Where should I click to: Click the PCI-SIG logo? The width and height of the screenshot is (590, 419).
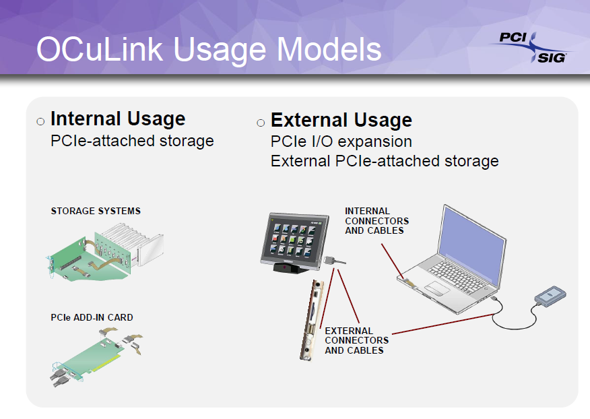pyautogui.click(x=531, y=47)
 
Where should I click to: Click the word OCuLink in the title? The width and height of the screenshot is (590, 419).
pyautogui.click(x=100, y=49)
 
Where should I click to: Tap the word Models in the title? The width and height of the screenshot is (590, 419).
pyautogui.click(x=329, y=49)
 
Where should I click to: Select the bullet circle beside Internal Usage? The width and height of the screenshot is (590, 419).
pyautogui.click(x=40, y=121)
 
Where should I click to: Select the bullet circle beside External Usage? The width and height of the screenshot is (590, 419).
pyautogui.click(x=261, y=123)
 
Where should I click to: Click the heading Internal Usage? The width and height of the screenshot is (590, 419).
pyautogui.click(x=118, y=119)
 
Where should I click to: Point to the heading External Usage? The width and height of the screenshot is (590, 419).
pyautogui.click(x=341, y=120)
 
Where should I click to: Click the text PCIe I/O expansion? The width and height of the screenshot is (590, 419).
pyautogui.click(x=341, y=141)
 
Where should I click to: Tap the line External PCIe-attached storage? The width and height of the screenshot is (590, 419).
pyautogui.click(x=385, y=161)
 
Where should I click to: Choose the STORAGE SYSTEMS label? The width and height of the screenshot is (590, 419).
pyautogui.click(x=96, y=211)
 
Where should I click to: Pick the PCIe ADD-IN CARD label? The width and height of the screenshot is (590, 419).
pyautogui.click(x=92, y=317)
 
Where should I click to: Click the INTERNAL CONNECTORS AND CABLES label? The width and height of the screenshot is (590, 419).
pyautogui.click(x=376, y=220)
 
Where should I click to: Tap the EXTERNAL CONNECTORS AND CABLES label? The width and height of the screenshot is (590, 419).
pyautogui.click(x=357, y=340)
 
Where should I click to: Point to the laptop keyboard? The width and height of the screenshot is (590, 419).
pyautogui.click(x=457, y=277)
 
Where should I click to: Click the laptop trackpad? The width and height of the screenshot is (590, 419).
pyautogui.click(x=437, y=288)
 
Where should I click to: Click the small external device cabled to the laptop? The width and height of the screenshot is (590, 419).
pyautogui.click(x=550, y=295)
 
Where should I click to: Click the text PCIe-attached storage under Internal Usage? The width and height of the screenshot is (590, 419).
pyautogui.click(x=132, y=141)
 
